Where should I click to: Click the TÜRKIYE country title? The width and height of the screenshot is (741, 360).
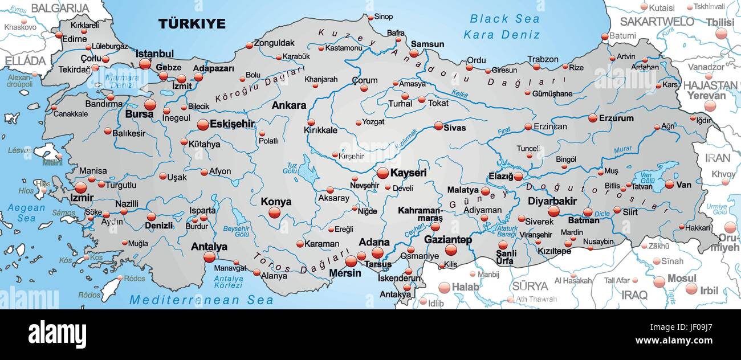(x=192, y=24)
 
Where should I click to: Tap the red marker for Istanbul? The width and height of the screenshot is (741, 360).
(x=145, y=64)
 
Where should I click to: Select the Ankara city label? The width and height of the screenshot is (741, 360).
(x=288, y=105)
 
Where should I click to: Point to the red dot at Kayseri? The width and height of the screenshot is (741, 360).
(x=382, y=173)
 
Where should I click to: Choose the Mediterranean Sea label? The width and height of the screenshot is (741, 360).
(x=201, y=300)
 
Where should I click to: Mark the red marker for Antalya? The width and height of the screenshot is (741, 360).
(x=209, y=257)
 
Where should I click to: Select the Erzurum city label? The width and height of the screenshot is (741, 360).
(x=616, y=118)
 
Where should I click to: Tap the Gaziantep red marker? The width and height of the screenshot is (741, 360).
(x=451, y=250)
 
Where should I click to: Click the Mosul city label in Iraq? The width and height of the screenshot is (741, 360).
(x=682, y=278)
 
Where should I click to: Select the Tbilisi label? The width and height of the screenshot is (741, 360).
(x=719, y=22)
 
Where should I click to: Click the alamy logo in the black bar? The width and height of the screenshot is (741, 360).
(x=57, y=334)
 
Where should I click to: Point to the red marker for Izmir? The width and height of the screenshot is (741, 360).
(x=80, y=187)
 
